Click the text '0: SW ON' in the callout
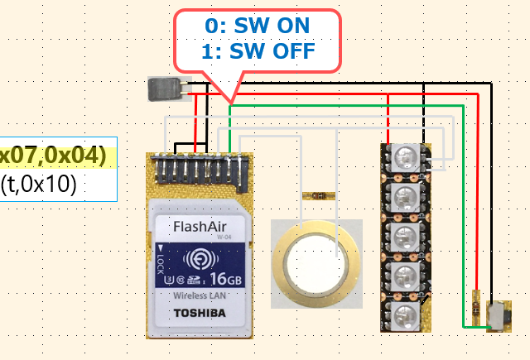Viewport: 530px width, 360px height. pyautogui.click(x=257, y=26)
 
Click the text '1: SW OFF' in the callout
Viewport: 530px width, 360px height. pyautogui.click(x=257, y=51)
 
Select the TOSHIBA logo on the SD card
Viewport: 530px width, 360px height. pyautogui.click(x=199, y=313)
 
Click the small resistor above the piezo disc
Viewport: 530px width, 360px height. pyautogui.click(x=316, y=197)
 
